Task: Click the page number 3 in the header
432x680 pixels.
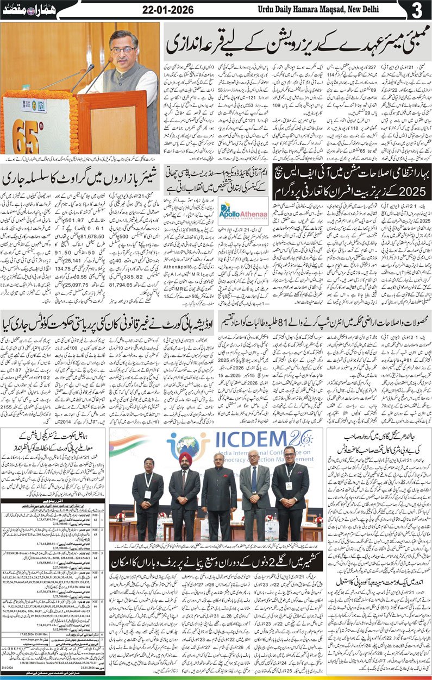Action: [x=417, y=10]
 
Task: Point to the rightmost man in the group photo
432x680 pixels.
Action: [x=290, y=489]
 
